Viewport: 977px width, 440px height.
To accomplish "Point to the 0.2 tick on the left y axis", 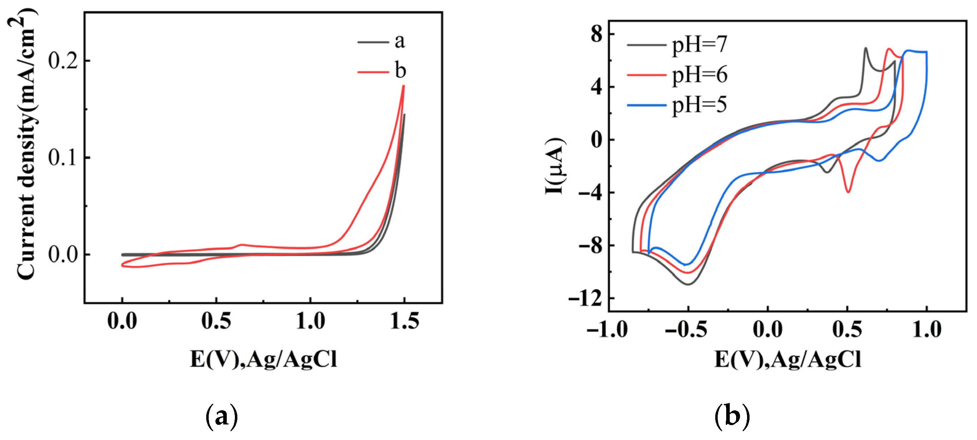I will (63, 61).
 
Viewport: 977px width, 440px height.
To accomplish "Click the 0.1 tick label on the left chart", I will (63, 157).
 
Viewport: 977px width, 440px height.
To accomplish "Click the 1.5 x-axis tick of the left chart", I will (404, 321).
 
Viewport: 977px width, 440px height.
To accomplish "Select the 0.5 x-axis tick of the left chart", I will (216, 321).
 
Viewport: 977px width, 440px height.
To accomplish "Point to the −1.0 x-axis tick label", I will (607, 329).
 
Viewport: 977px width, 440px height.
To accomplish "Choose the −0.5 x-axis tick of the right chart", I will (686, 329).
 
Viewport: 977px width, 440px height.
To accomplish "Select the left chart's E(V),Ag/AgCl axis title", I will (263, 359).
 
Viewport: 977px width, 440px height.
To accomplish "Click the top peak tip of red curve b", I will (404, 86).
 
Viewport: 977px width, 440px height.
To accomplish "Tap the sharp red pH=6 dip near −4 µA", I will (848, 192).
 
